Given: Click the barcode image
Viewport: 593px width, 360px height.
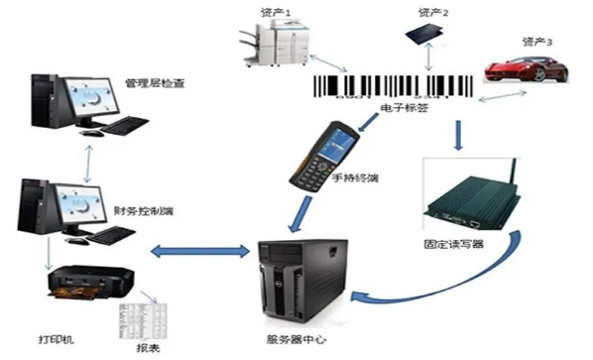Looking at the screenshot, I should click(x=393, y=86).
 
